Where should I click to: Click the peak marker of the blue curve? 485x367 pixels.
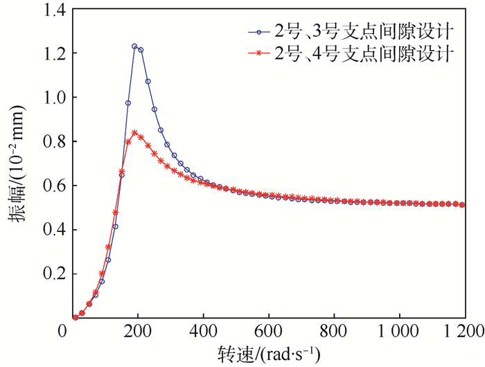click(134, 46)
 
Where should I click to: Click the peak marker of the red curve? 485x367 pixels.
click(134, 132)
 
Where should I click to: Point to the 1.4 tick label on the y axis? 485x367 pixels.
click(50, 10)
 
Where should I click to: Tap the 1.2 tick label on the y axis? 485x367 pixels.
click(50, 53)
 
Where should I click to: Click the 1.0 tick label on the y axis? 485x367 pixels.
click(50, 98)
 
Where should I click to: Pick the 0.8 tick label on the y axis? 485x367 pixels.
click(50, 142)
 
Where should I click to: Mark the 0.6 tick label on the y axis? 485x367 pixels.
click(50, 186)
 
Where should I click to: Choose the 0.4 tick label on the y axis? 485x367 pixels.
click(50, 230)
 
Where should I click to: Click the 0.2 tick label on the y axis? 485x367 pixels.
click(50, 274)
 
